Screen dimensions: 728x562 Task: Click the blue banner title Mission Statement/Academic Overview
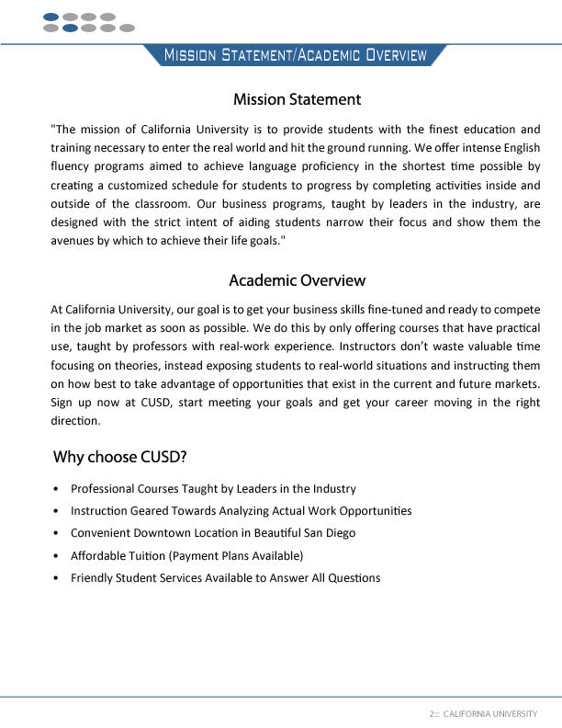pos(295,55)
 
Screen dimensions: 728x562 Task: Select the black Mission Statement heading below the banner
pos(297,99)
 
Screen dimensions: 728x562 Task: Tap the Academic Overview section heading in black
pos(297,280)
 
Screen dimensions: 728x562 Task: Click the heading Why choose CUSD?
pos(120,457)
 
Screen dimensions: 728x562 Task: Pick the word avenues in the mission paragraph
pos(72,242)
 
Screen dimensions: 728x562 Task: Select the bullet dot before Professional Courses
pos(57,489)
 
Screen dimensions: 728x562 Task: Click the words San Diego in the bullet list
pos(330,533)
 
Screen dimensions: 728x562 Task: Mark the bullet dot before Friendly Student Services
pos(57,578)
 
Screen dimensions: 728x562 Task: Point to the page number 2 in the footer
pos(432,713)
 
